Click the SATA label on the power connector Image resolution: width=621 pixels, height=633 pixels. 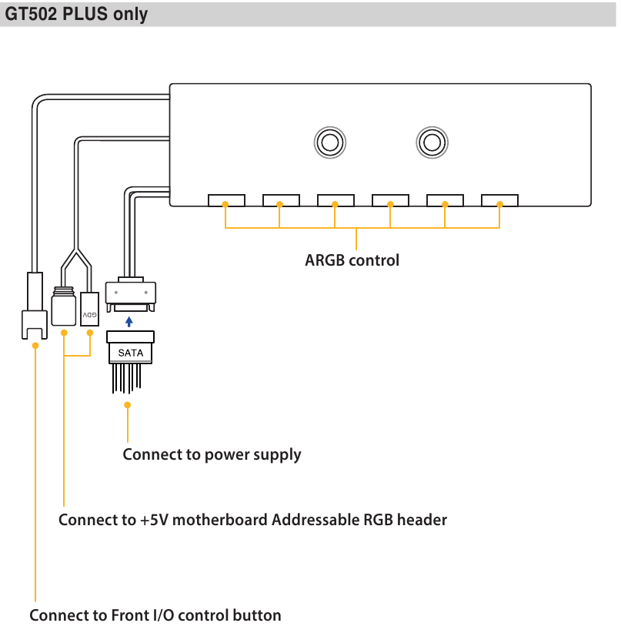(x=130, y=353)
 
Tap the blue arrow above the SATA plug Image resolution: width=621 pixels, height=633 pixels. (x=129, y=322)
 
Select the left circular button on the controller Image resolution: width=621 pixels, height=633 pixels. (x=330, y=142)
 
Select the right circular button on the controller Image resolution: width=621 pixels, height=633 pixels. (x=432, y=142)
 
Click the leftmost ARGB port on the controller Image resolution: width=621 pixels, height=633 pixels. (x=226, y=200)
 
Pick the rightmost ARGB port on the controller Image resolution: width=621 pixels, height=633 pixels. (x=499, y=200)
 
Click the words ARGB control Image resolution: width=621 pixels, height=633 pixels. (x=352, y=260)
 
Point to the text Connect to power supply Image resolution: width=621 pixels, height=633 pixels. (x=212, y=455)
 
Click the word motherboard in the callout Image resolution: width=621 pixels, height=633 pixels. (x=219, y=520)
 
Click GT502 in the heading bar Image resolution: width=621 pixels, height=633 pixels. (x=31, y=14)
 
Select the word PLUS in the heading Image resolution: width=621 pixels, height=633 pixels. (x=85, y=14)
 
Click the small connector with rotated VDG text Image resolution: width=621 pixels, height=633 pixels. (x=89, y=310)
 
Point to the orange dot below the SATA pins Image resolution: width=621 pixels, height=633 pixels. (x=128, y=405)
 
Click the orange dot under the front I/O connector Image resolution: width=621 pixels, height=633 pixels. (x=35, y=346)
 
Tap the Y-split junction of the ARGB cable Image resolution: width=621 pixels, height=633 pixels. (x=76, y=249)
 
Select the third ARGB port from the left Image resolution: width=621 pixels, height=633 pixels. (x=336, y=200)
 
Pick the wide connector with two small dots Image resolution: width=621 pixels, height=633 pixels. (x=131, y=294)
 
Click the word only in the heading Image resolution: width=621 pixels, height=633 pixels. (x=130, y=15)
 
